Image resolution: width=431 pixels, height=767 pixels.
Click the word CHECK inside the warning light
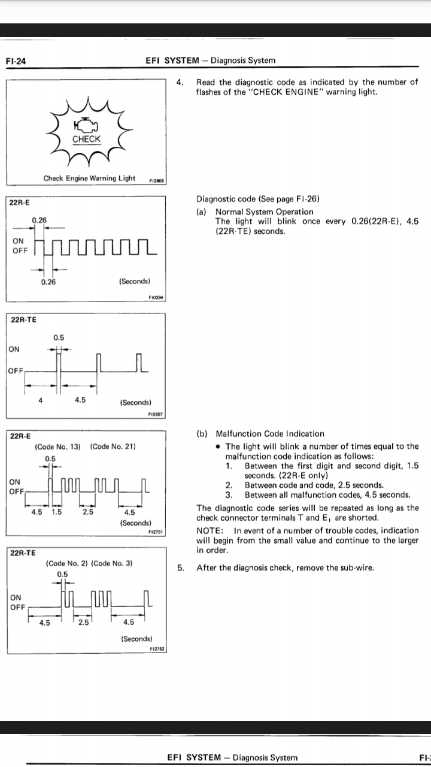pyautogui.click(x=86, y=139)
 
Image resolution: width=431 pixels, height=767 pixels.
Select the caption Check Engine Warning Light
pyautogui.click(x=89, y=178)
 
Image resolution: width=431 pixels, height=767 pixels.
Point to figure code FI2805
pyautogui.click(x=158, y=179)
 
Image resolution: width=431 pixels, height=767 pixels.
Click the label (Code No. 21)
pyautogui.click(x=113, y=447)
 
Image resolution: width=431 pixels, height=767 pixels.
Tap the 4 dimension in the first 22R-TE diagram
pyautogui.click(x=40, y=401)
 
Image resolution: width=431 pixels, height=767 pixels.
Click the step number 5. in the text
pyautogui.click(x=181, y=567)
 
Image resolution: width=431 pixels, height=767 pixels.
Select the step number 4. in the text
pyautogui.click(x=181, y=82)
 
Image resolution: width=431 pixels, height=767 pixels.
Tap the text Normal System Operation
pyautogui.click(x=264, y=212)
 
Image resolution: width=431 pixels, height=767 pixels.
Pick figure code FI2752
pyautogui.click(x=159, y=649)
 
